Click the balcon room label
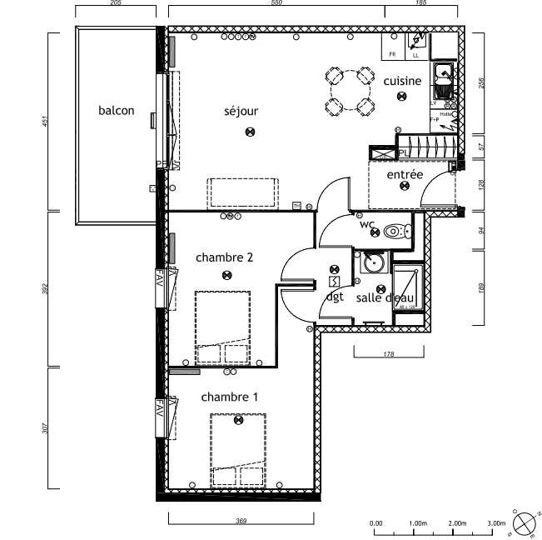point(116,110)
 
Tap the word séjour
point(241,110)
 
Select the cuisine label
point(402,81)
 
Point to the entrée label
point(405,174)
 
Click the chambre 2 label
point(225,257)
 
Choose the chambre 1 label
point(230,397)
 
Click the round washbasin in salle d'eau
point(372,264)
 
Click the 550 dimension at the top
point(276,3)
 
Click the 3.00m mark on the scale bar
point(497,523)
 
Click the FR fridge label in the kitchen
point(392,55)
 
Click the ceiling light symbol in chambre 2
point(225,275)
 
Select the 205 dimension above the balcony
point(116,3)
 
